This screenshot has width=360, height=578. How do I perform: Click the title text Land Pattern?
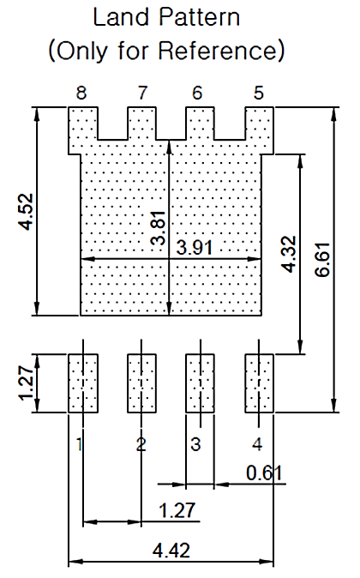[x=167, y=18]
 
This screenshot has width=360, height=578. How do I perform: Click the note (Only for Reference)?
[x=167, y=51]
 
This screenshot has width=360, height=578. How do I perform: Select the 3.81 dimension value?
[x=159, y=230]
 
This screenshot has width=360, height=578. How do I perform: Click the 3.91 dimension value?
[x=201, y=248]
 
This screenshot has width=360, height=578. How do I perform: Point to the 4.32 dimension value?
[x=289, y=255]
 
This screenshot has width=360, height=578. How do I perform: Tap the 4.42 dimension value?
[x=172, y=549]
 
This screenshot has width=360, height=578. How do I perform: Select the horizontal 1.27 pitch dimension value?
[x=177, y=510]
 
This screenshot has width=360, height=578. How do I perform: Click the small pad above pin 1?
[x=83, y=382]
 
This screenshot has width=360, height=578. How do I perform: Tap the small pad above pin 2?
[x=141, y=382]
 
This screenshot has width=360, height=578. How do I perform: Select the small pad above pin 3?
[x=201, y=382]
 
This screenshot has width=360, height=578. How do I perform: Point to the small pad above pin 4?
[x=259, y=382]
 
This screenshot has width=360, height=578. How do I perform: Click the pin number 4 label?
[x=258, y=444]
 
